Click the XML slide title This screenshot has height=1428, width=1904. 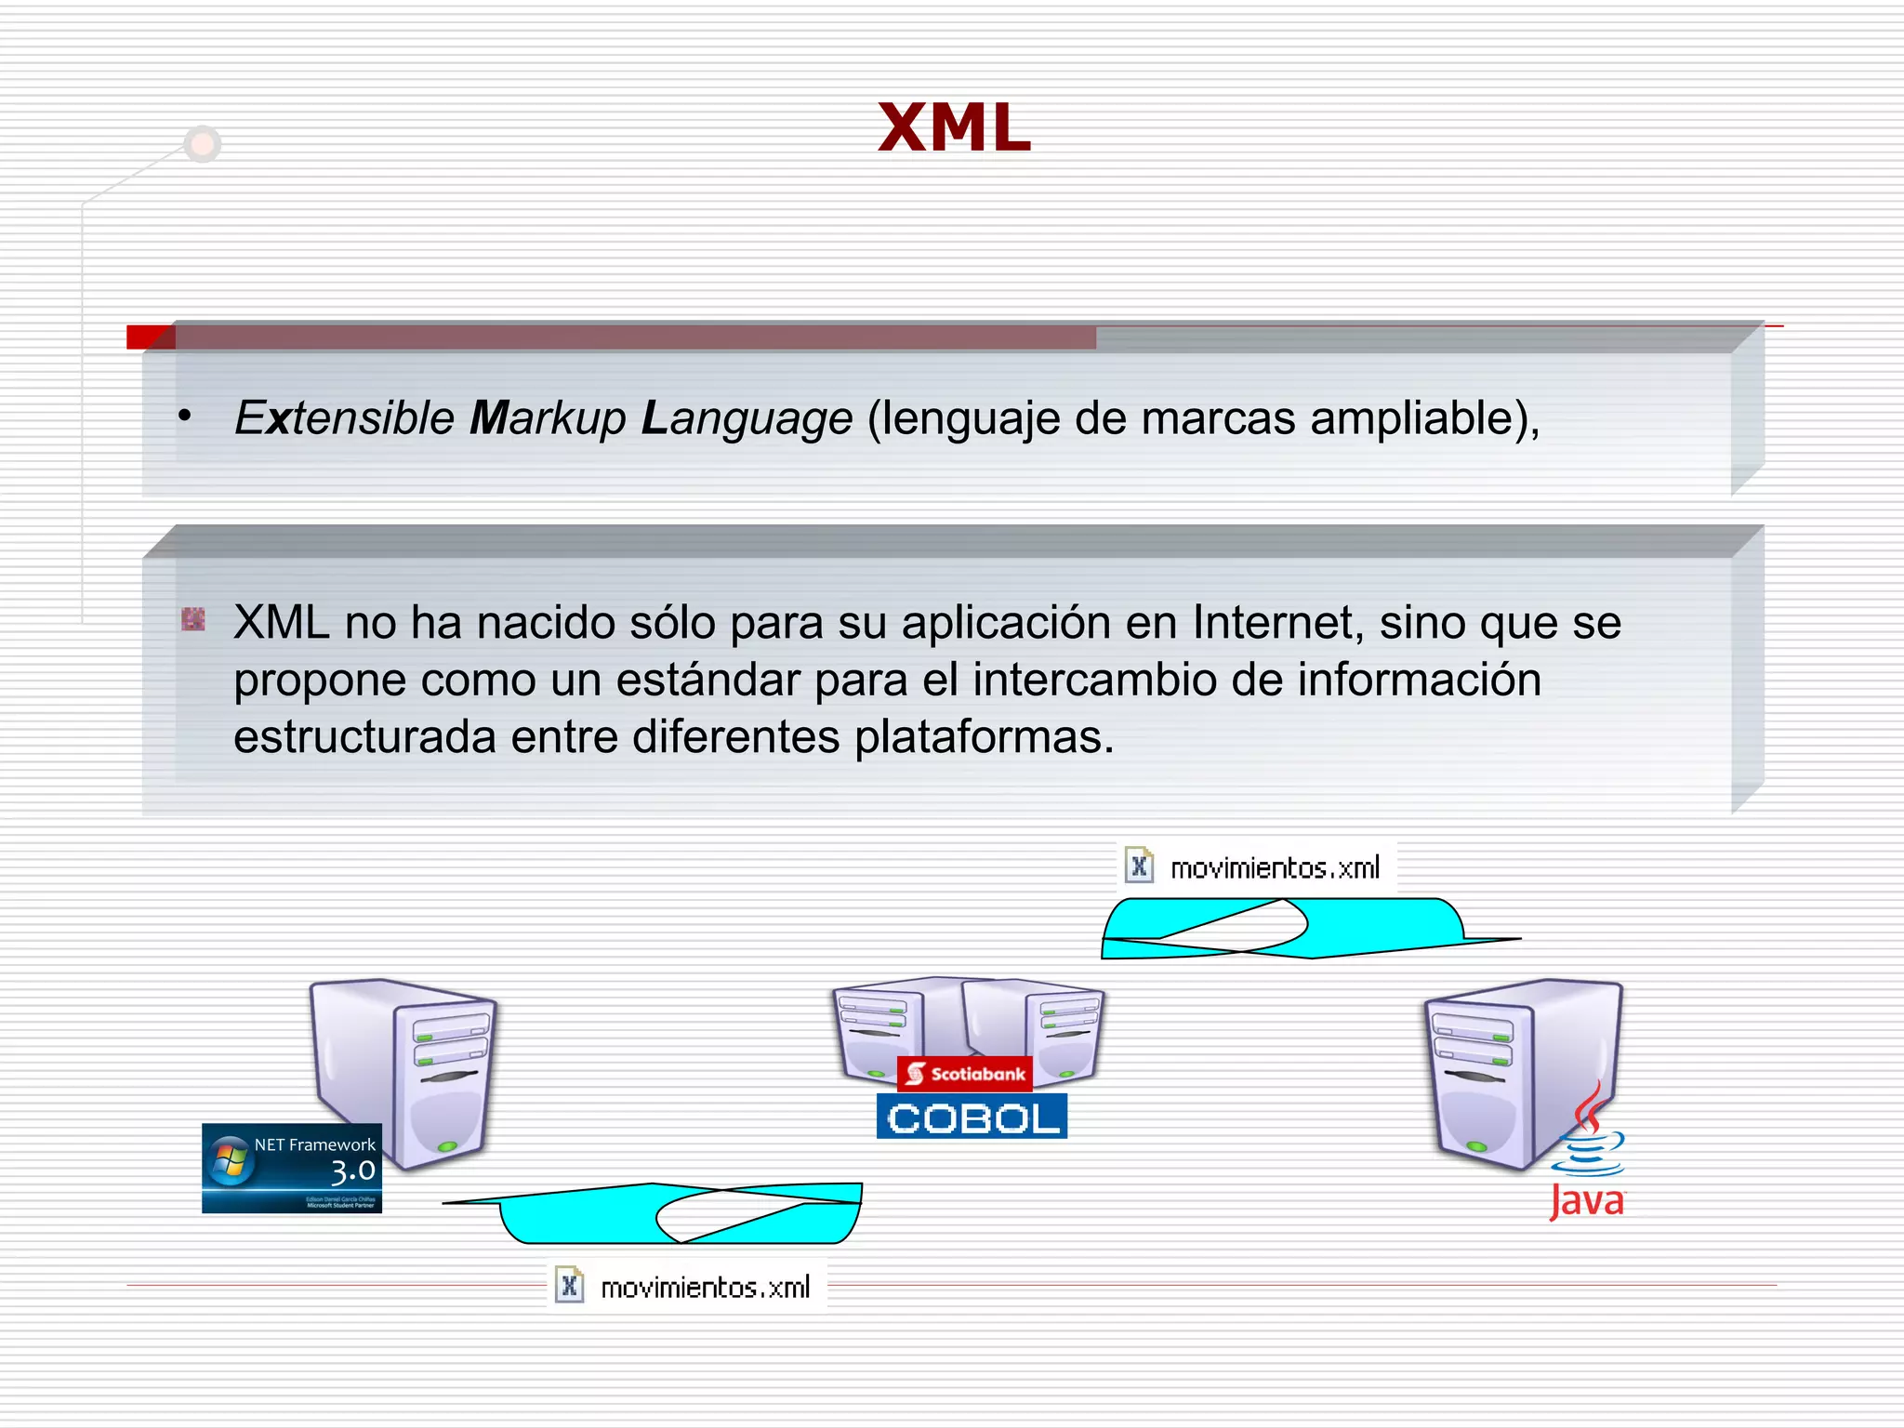(x=954, y=127)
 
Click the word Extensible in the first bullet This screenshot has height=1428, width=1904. (x=344, y=417)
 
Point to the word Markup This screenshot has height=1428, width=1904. (x=548, y=417)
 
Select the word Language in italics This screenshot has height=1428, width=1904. (x=747, y=417)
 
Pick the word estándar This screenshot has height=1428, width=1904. (x=707, y=680)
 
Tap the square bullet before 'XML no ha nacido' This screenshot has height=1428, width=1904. (x=193, y=619)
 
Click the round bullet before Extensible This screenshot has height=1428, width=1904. (x=185, y=416)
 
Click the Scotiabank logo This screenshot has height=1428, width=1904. (x=965, y=1075)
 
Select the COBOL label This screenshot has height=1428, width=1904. (x=972, y=1117)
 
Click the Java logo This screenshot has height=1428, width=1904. (x=1588, y=1153)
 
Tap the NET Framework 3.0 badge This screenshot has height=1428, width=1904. (x=292, y=1168)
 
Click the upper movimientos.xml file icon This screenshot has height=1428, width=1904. (x=1139, y=866)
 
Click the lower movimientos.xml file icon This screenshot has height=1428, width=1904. (x=569, y=1286)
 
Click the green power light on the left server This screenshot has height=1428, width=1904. (x=447, y=1145)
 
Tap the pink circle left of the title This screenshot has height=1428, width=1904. (x=203, y=144)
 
